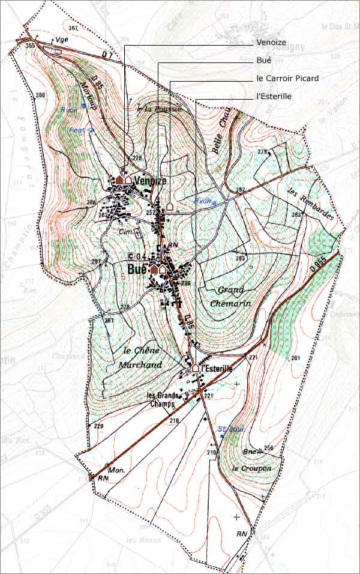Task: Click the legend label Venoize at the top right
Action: pyautogui.click(x=271, y=43)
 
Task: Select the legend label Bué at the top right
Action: pyautogui.click(x=263, y=61)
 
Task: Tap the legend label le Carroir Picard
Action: pyautogui.click(x=287, y=79)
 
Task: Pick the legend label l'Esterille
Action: pyautogui.click(x=274, y=97)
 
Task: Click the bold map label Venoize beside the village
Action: pyautogui.click(x=151, y=180)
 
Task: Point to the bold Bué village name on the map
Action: pyautogui.click(x=137, y=270)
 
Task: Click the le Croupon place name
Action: pyautogui.click(x=251, y=468)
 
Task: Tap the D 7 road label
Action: pyautogui.click(x=107, y=55)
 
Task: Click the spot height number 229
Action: pyautogui.click(x=98, y=426)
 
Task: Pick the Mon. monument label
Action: pyautogui.click(x=118, y=470)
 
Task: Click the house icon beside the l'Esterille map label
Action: pyautogui.click(x=196, y=367)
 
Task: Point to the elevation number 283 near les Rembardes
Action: pyautogui.click(x=296, y=215)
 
